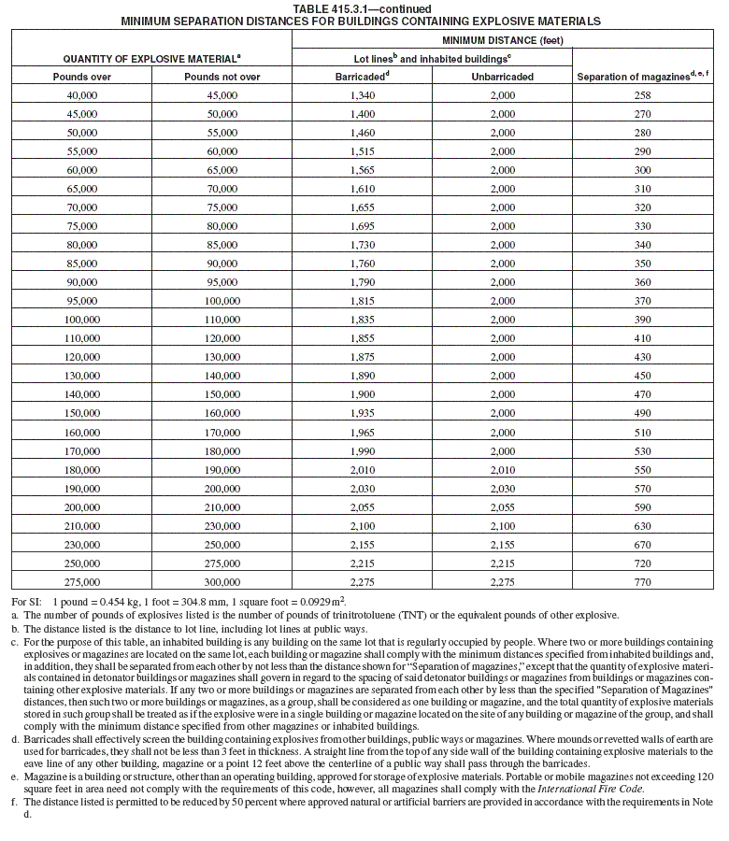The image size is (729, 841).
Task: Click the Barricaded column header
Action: pyautogui.click(x=362, y=77)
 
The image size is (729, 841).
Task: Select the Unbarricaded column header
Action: pyautogui.click(x=502, y=77)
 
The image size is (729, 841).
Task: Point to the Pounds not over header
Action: pyautogui.click(x=222, y=77)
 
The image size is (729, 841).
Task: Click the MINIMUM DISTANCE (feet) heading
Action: pyautogui.click(x=502, y=40)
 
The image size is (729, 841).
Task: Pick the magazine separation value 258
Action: pyautogui.click(x=643, y=95)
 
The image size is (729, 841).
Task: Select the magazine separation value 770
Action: pyautogui.click(x=643, y=582)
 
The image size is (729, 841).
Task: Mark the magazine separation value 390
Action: pyautogui.click(x=643, y=320)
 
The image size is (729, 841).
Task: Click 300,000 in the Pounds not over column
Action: pyautogui.click(x=222, y=582)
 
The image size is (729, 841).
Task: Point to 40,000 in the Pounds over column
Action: pyautogui.click(x=82, y=95)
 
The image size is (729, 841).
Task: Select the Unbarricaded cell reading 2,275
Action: pyautogui.click(x=502, y=582)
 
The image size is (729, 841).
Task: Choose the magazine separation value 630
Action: pyautogui.click(x=643, y=526)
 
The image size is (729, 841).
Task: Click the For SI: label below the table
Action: pyautogui.click(x=25, y=602)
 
